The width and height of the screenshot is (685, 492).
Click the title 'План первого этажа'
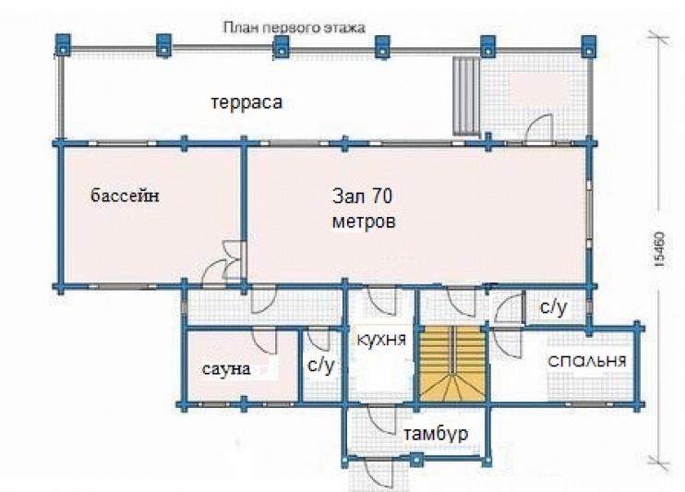(x=294, y=28)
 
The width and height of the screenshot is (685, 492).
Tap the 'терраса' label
(x=246, y=103)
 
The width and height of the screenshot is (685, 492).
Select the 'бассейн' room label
(x=125, y=195)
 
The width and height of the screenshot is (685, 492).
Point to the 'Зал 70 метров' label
(x=364, y=209)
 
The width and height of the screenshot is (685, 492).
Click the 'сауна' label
(x=226, y=369)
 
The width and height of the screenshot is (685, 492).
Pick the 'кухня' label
(x=382, y=339)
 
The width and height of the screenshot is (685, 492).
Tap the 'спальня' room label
(x=587, y=361)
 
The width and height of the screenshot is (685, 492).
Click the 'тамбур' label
(x=436, y=435)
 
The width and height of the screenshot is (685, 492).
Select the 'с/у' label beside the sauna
(x=321, y=364)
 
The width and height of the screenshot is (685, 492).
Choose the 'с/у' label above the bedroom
(x=554, y=307)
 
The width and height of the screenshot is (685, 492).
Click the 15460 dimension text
(x=659, y=249)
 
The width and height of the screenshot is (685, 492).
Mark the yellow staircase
(x=453, y=364)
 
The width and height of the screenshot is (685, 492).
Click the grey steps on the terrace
(x=465, y=96)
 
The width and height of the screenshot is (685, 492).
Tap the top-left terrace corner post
(x=63, y=45)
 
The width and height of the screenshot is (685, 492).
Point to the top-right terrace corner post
(x=589, y=46)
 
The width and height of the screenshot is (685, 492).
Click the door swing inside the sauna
(x=266, y=343)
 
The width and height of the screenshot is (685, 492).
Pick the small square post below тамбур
(x=417, y=459)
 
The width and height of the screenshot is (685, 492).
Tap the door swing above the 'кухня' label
(x=382, y=301)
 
